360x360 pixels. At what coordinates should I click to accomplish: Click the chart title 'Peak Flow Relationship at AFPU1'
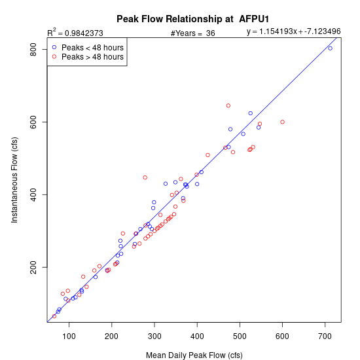192,19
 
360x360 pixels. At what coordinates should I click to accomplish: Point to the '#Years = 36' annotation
193,33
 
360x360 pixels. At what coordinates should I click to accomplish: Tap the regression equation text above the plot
294,31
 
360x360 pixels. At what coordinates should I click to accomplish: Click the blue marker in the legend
54,47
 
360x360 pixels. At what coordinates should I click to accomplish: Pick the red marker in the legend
54,56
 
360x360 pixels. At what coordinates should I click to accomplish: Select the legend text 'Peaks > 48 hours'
92,57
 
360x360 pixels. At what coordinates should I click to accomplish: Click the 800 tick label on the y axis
33,49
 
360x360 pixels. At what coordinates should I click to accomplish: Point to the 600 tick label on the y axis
33,122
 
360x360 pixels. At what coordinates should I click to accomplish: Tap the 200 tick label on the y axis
33,267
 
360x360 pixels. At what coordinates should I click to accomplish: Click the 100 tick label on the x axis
69,336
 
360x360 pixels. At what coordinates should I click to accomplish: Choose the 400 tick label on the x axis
197,336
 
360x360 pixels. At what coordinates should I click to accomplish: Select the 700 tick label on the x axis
325,336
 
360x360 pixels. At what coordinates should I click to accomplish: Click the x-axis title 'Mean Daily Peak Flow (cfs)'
194,355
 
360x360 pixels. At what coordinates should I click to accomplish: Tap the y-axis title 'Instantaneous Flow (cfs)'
14,180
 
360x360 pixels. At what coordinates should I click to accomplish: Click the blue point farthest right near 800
330,48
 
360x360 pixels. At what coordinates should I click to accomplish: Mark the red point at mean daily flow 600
282,122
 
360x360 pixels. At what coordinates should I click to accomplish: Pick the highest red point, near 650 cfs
228,105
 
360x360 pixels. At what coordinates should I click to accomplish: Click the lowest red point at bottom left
54,316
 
